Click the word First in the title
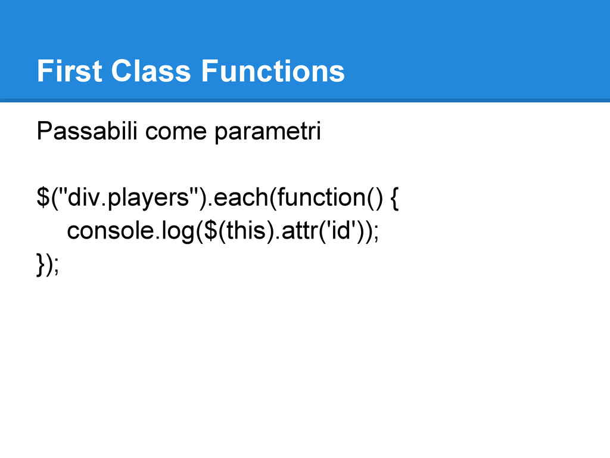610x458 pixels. pos(70,71)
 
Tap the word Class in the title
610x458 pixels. pos(151,71)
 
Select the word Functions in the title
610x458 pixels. pos(273,71)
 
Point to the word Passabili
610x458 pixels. pos(87,131)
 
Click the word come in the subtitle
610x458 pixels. pos(176,132)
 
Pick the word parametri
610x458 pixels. pos(268,132)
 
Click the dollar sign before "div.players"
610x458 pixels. pos(43,197)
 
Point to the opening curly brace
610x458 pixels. pos(394,198)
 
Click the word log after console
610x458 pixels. pos(178,232)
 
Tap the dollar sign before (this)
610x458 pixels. pos(210,231)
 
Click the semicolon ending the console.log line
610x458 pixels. pos(376,233)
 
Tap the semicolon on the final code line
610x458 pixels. pos(57,267)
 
